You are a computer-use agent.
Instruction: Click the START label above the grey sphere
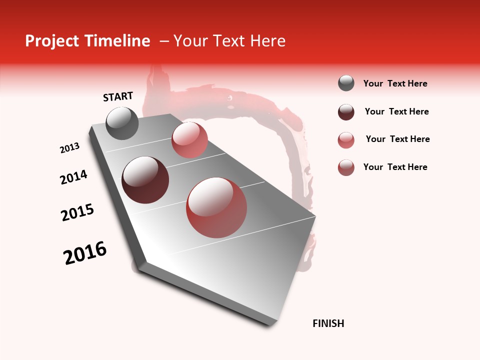(118, 96)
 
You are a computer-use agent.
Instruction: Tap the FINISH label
(328, 323)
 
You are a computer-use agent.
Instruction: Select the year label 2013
(69, 148)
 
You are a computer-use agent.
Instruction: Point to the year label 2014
(73, 177)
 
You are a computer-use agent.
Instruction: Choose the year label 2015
(77, 212)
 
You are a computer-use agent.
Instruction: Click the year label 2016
(85, 253)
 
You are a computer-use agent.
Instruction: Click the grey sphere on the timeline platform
(122, 123)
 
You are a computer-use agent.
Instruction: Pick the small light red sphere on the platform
(189, 139)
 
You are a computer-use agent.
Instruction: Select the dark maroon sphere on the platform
(145, 180)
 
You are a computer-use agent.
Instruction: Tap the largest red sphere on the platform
(216, 207)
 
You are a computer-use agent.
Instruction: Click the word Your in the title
(191, 41)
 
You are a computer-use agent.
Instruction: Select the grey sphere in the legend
(346, 83)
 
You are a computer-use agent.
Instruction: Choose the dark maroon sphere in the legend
(346, 112)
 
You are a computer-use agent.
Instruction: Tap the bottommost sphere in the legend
(346, 167)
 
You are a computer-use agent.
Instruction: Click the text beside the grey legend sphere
(395, 83)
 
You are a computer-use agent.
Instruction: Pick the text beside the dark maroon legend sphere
(396, 111)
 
